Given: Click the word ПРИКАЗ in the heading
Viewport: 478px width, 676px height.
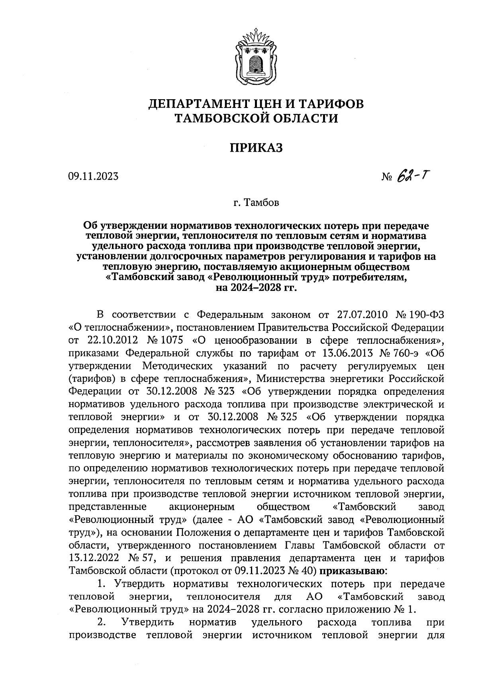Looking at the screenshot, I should [x=256, y=148].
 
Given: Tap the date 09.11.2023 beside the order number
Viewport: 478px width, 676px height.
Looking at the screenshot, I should [x=94, y=176].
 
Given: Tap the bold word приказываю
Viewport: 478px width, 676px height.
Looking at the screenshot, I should [x=353, y=571].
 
